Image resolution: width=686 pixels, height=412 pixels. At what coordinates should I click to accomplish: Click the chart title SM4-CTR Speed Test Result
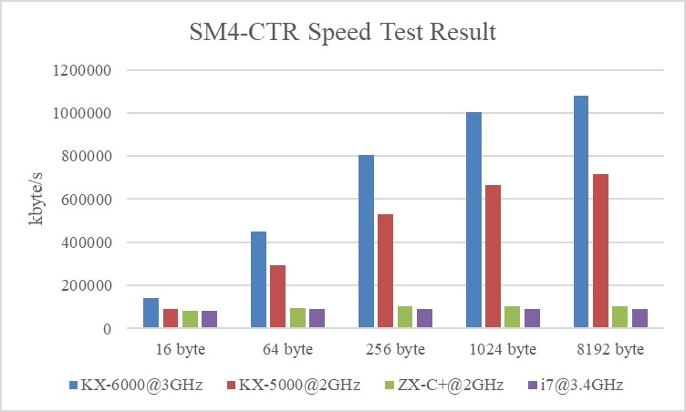click(x=342, y=34)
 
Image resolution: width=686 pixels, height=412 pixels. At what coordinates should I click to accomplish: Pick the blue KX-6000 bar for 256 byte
click(x=367, y=241)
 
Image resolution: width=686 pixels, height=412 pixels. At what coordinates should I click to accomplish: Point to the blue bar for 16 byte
click(x=151, y=313)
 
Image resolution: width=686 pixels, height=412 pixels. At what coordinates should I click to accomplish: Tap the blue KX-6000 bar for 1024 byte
click(x=473, y=220)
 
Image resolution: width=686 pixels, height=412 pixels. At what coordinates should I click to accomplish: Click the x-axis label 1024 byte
click(x=502, y=349)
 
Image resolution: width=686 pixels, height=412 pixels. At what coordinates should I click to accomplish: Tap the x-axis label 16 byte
click(x=180, y=349)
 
